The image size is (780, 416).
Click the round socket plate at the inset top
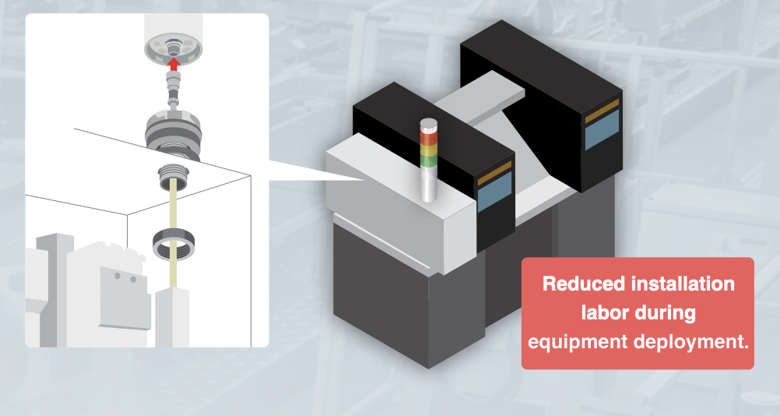(174, 48)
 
